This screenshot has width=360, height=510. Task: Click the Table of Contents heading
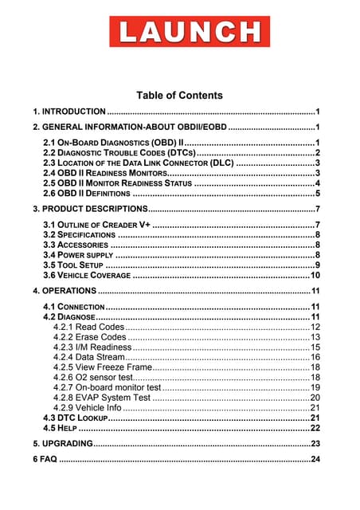179,96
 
